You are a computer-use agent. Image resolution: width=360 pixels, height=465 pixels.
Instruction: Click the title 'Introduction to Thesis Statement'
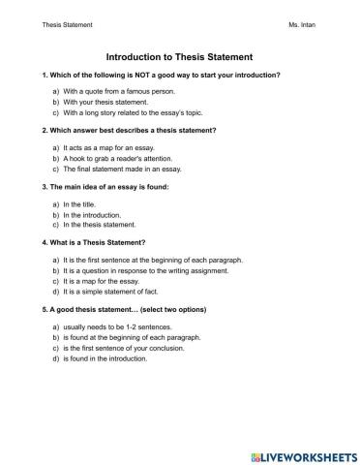tap(179, 57)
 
